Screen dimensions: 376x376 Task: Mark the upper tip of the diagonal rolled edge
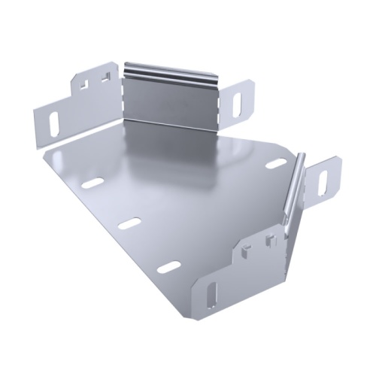point(303,155)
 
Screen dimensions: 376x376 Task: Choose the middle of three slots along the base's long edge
point(129,224)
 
